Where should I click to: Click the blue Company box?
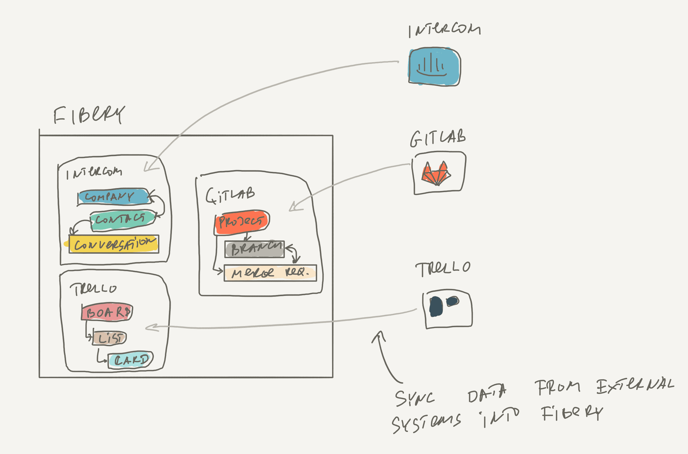point(114,197)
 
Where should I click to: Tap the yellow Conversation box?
point(114,244)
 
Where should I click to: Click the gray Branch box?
point(255,249)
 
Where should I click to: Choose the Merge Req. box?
point(270,273)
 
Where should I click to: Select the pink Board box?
point(107,312)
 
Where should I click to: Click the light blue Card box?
point(130,360)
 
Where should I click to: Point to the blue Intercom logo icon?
point(434,67)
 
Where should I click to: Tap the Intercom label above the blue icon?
point(444,30)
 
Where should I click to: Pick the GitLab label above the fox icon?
point(438,138)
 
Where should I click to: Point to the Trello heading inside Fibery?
point(93,289)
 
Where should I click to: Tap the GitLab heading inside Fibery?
point(230,195)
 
